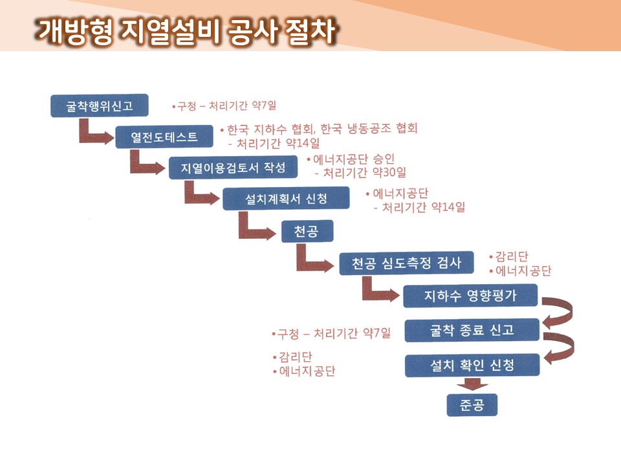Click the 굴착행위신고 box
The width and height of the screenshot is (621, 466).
(x=100, y=105)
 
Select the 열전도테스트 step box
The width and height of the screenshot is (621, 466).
(x=164, y=137)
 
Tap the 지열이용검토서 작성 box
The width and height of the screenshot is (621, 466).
(x=233, y=167)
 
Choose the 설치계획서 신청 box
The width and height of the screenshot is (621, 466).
(x=286, y=198)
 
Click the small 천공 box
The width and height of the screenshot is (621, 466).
(x=307, y=230)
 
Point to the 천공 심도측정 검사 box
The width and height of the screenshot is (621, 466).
(x=406, y=263)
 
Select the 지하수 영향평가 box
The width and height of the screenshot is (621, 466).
(x=470, y=296)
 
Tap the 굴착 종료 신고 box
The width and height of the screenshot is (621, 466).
(x=472, y=330)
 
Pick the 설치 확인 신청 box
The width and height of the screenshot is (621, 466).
(x=472, y=365)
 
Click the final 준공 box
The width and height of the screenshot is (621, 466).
(x=472, y=405)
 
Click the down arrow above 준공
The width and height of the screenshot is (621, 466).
(x=472, y=384)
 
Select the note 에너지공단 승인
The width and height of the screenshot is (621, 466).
(x=351, y=159)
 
